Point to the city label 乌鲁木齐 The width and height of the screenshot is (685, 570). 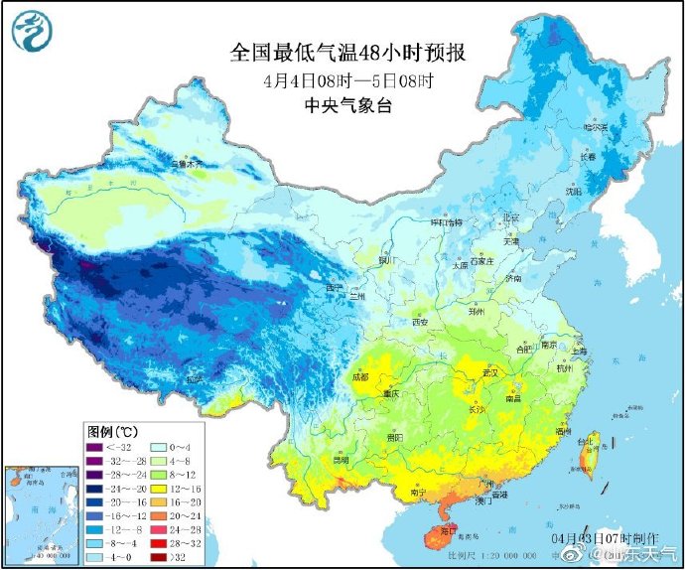[x=186, y=162]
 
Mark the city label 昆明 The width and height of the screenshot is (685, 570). [x=342, y=460]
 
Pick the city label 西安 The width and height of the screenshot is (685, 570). [x=420, y=322]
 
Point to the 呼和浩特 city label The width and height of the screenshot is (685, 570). [x=444, y=223]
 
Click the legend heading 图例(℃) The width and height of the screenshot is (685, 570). [x=112, y=432]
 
